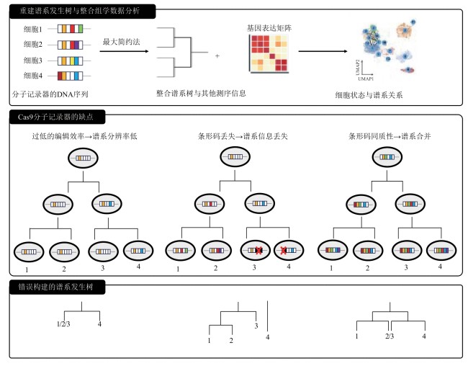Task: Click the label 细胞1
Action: (x=33, y=29)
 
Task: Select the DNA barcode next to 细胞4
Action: (x=70, y=76)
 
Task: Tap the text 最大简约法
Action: (x=122, y=42)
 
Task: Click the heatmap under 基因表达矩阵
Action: (x=269, y=54)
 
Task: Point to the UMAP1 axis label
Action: (x=366, y=79)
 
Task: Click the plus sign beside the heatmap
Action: (x=217, y=55)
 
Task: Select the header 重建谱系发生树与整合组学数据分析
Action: (x=80, y=11)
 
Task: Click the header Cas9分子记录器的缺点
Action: (x=55, y=117)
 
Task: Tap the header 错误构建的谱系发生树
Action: (x=55, y=287)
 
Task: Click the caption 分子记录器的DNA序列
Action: (x=50, y=94)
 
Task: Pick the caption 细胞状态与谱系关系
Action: (x=369, y=95)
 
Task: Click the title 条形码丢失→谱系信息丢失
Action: (x=243, y=136)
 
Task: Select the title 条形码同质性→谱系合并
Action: (x=390, y=136)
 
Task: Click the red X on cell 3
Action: (x=258, y=251)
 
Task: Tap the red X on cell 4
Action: (x=284, y=251)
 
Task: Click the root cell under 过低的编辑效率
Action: (x=83, y=158)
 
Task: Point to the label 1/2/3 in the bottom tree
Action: (x=63, y=324)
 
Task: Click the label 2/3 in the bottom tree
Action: (x=390, y=336)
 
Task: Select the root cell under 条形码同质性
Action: (x=387, y=157)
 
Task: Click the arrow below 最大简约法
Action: (x=124, y=51)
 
